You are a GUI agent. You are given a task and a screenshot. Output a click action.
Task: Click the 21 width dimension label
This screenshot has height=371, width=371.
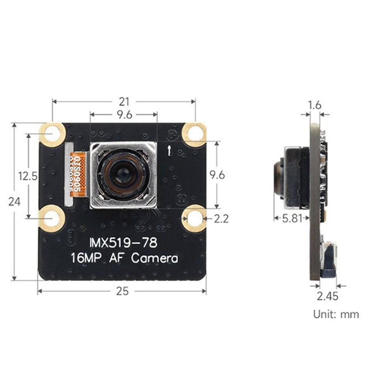pyautogui.click(x=124, y=101)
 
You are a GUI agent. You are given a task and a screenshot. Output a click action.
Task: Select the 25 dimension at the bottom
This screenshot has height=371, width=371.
pyautogui.click(x=122, y=291)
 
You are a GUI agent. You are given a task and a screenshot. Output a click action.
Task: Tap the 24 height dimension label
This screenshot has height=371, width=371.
pyautogui.click(x=14, y=202)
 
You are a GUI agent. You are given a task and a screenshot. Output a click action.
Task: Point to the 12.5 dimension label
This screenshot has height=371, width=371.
pyautogui.click(x=28, y=176)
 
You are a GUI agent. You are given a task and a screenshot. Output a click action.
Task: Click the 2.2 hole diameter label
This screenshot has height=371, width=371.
pyautogui.click(x=221, y=219)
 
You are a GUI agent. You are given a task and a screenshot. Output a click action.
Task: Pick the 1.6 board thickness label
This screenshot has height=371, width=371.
pyautogui.click(x=315, y=105)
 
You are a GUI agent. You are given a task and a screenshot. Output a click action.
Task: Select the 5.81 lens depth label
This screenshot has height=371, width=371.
pyautogui.click(x=292, y=218)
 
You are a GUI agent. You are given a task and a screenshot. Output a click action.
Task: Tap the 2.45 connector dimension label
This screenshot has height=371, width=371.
pyautogui.click(x=327, y=296)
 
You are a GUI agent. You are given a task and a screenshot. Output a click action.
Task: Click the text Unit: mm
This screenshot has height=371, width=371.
pyautogui.click(x=336, y=314)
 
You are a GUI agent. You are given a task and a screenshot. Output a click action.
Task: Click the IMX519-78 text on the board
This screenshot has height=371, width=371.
pyautogui.click(x=123, y=243)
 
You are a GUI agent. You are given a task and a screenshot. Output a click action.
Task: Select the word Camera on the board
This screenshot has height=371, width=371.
pyautogui.click(x=155, y=258)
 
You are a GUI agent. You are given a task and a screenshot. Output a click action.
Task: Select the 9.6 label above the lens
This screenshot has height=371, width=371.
pyautogui.click(x=124, y=115)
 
